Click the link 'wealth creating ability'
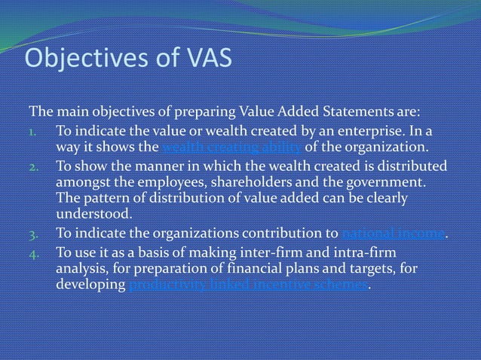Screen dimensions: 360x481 (231, 146)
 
